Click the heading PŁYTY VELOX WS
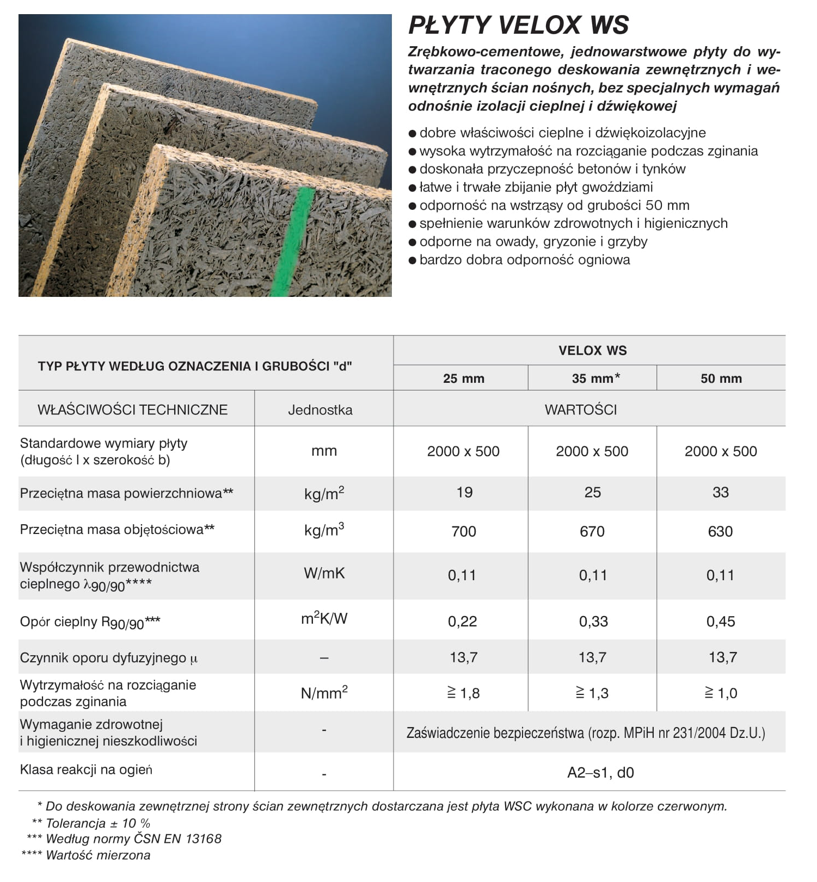(x=518, y=25)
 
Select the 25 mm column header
(x=463, y=378)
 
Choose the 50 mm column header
(x=721, y=378)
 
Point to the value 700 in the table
(x=463, y=531)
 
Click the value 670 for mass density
(x=592, y=531)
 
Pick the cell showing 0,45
(x=720, y=621)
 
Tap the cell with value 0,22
(x=462, y=621)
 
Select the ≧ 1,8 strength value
(x=463, y=693)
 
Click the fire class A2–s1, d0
(x=600, y=773)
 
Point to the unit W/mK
(x=324, y=573)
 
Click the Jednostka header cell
(x=320, y=409)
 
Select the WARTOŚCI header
(x=581, y=409)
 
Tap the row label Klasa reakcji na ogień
(x=86, y=769)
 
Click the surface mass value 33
(x=720, y=492)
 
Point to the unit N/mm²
(x=324, y=693)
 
